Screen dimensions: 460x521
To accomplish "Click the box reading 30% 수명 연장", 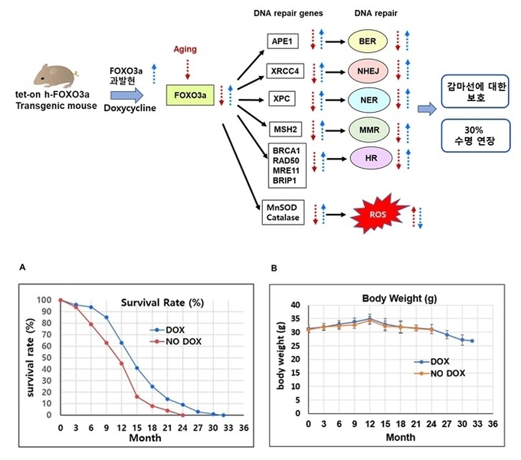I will [x=477, y=136].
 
